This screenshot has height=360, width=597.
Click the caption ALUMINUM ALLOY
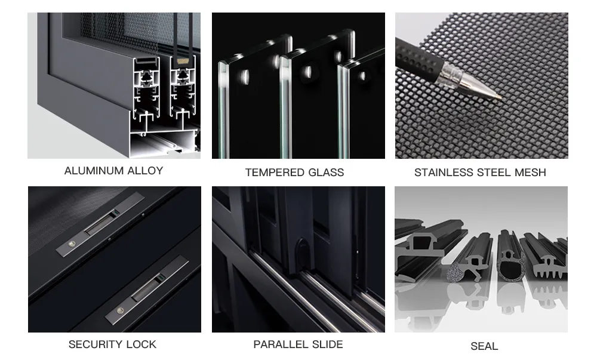(113, 171)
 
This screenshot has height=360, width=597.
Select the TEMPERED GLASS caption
(294, 173)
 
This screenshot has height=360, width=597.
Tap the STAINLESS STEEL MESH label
(480, 173)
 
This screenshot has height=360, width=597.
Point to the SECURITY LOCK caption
(112, 344)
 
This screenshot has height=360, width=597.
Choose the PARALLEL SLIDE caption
(298, 344)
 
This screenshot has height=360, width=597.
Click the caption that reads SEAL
(484, 346)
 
